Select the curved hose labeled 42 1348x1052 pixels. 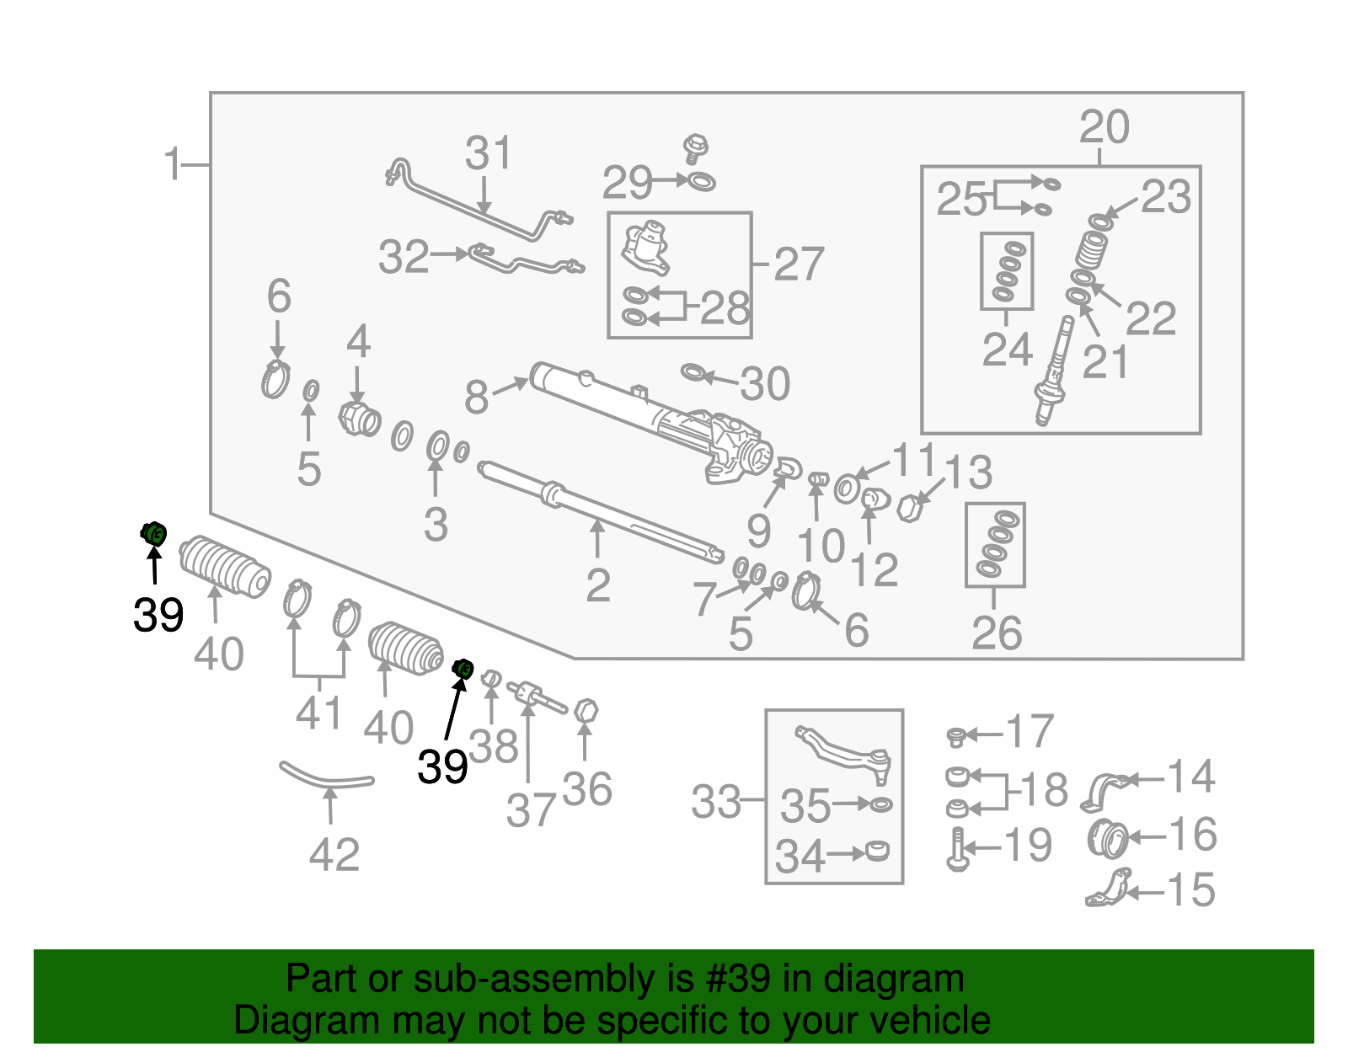326,776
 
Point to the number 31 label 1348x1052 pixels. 488,152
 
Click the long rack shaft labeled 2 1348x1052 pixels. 601,512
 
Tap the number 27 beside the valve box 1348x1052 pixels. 799,264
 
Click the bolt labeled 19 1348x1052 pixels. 957,850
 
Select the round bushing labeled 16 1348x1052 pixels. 1107,838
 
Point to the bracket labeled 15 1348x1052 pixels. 1107,889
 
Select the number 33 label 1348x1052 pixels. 716,801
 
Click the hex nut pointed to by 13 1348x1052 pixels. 909,507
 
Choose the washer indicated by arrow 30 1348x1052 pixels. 692,372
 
